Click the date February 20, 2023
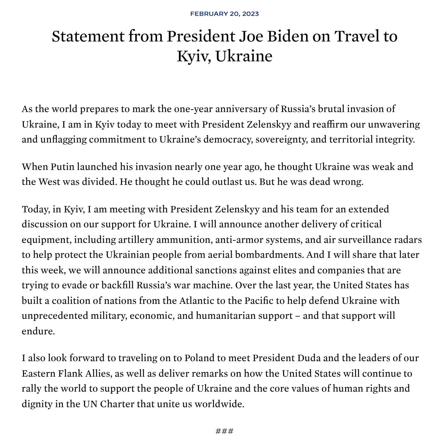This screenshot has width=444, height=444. click(x=224, y=14)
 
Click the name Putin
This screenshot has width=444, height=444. click(x=62, y=167)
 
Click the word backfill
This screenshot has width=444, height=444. click(x=117, y=285)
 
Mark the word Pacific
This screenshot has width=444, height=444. click(x=257, y=301)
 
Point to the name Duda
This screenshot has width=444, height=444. click(x=310, y=358)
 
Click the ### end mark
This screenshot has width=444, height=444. click(x=224, y=431)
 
